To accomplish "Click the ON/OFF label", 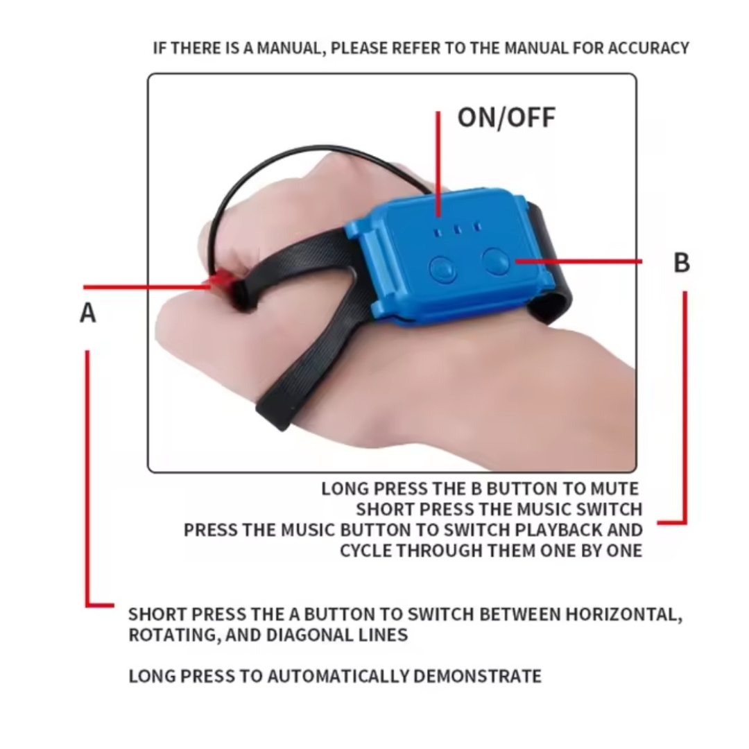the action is [x=506, y=117].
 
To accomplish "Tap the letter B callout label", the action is [x=682, y=263].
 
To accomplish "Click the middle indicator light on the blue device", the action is [x=458, y=230].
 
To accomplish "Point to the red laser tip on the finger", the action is [x=221, y=280].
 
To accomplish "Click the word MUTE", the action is [x=614, y=489].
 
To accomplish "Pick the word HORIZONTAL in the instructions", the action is [x=624, y=614].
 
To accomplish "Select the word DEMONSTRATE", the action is [x=477, y=676].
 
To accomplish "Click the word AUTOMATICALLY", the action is [x=337, y=676].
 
